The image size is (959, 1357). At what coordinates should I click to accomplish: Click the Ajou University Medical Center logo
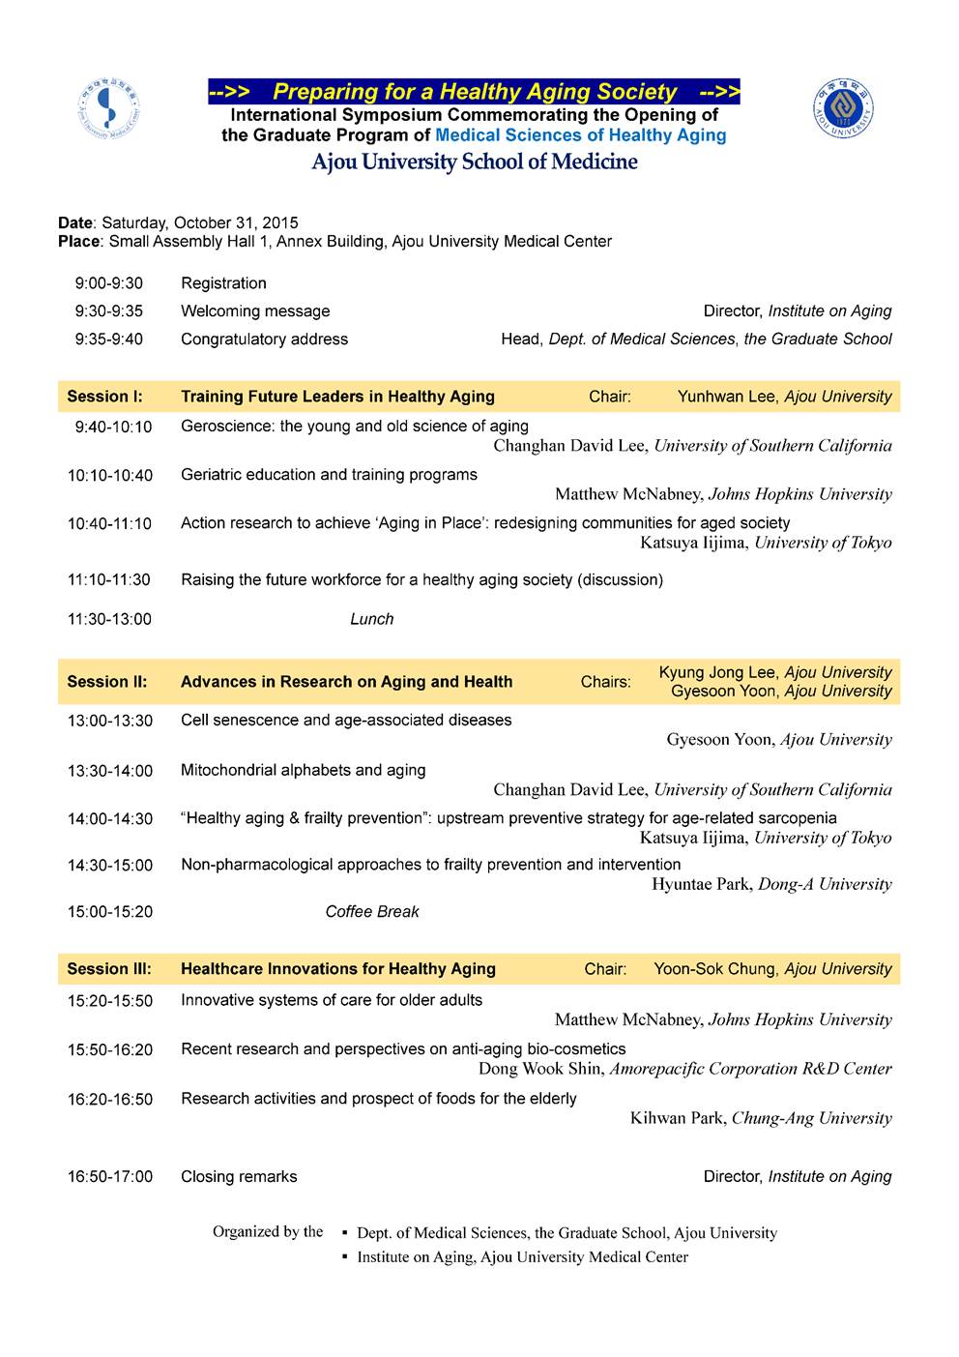pos(108,109)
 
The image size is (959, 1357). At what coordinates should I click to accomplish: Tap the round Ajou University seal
pos(843,108)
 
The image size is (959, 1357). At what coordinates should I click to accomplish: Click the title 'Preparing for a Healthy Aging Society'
pos(474,92)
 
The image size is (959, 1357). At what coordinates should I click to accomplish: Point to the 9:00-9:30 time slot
pos(108,283)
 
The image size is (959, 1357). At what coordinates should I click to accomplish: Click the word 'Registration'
pos(223,283)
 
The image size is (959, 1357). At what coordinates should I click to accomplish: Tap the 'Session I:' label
pos(104,397)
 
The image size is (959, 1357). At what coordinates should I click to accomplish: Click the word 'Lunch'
pos(371,619)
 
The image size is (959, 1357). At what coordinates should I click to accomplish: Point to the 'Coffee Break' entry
pos(372,912)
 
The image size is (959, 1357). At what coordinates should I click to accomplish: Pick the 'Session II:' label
pos(106,682)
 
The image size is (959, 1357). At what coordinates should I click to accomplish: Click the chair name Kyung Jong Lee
pos(718,672)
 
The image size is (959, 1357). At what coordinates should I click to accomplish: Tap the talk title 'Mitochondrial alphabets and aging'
pos(303,771)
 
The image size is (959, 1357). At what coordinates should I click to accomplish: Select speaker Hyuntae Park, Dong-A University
pos(771,884)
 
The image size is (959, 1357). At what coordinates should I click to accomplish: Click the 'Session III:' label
pos(108,969)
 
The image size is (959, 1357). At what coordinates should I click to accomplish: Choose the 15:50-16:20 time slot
pos(109,1049)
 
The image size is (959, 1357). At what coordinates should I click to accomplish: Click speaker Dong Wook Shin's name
pos(541,1069)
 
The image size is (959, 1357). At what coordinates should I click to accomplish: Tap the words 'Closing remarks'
pos(239,1177)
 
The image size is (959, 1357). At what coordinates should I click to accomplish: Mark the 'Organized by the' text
pos(268,1232)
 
